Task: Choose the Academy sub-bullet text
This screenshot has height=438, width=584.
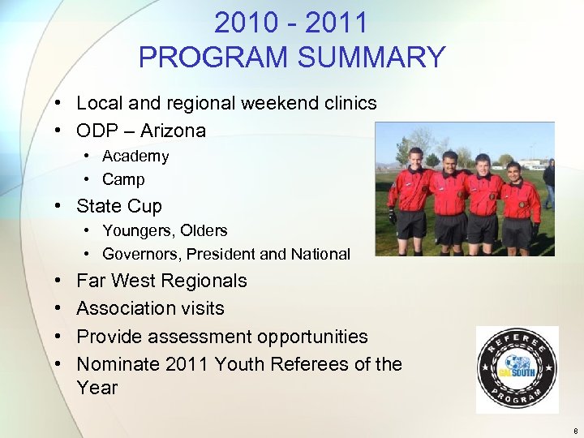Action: [x=135, y=156]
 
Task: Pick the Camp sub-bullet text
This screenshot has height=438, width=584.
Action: [x=123, y=179]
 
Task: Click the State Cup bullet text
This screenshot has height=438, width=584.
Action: [x=119, y=206]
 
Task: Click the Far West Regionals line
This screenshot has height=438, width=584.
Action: [x=161, y=281]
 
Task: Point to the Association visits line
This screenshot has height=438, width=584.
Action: [x=150, y=308]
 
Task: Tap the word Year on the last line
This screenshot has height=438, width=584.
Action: [x=97, y=388]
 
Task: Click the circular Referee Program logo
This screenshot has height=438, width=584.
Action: [x=517, y=370]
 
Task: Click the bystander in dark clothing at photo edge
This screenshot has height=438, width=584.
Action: [x=549, y=182]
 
